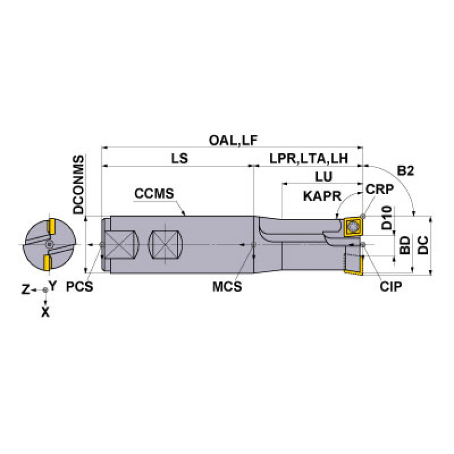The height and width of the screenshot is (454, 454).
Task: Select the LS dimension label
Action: (179, 159)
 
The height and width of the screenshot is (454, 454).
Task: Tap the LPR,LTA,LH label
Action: (308, 159)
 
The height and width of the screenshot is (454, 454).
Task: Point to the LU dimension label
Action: (323, 177)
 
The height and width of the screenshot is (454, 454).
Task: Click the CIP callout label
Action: (391, 287)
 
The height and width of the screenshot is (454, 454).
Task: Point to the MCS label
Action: (228, 287)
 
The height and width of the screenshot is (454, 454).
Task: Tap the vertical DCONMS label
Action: (78, 185)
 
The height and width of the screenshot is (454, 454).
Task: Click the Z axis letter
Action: (25, 289)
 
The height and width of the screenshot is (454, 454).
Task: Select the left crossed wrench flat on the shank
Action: (122, 244)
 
